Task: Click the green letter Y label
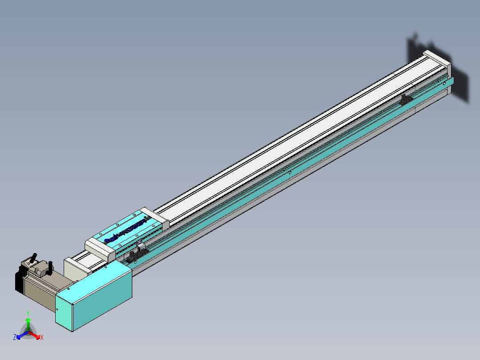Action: [x=28, y=313]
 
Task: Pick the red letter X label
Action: [x=42, y=338]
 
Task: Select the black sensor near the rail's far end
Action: [x=405, y=100]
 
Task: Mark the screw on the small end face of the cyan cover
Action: [x=57, y=309]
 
